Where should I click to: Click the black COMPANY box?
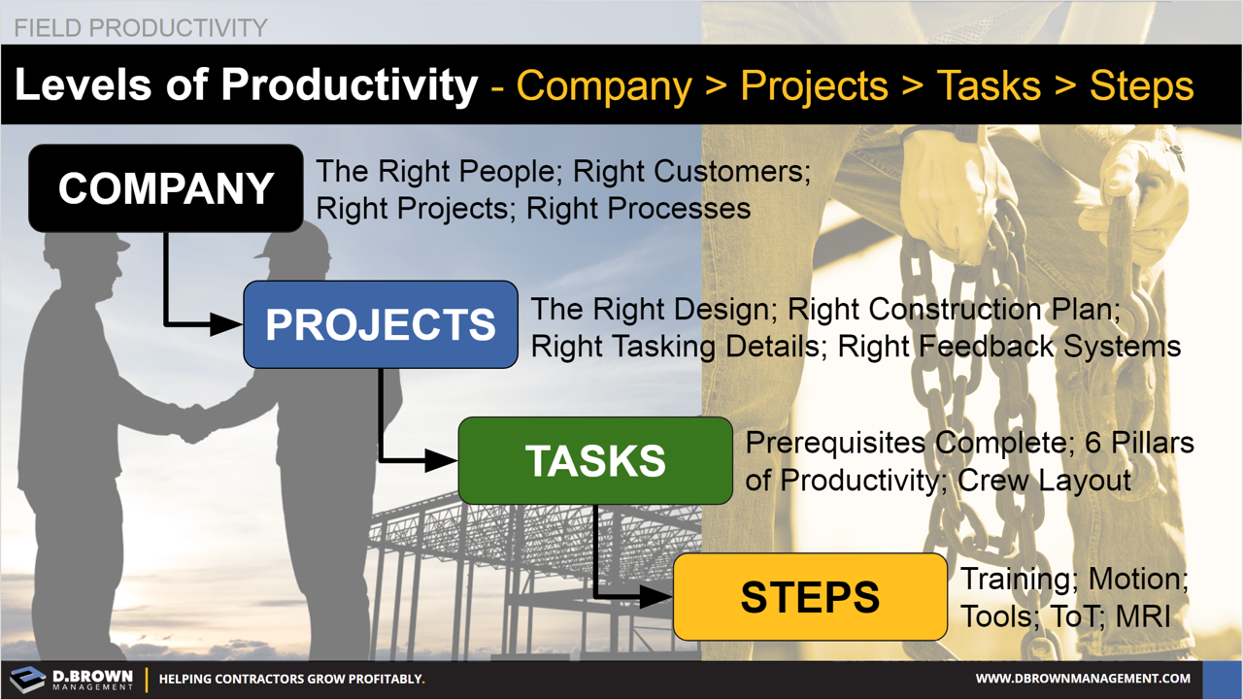pos(166,188)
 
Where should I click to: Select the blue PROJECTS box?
pos(380,324)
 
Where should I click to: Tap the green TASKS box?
pos(595,460)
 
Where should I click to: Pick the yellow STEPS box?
pos(810,596)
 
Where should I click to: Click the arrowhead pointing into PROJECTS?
pos(229,324)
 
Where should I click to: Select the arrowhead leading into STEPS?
pos(659,596)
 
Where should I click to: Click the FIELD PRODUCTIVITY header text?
pos(140,27)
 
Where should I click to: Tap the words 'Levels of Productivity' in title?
pos(246,85)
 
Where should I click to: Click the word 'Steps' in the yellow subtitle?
pos(1141,85)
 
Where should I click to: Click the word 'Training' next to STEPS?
pos(1015,580)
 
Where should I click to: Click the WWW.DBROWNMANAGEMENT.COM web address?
pos(1082,679)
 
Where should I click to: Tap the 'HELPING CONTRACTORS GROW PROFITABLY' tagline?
pos(291,679)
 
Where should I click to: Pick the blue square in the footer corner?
pos(1222,679)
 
